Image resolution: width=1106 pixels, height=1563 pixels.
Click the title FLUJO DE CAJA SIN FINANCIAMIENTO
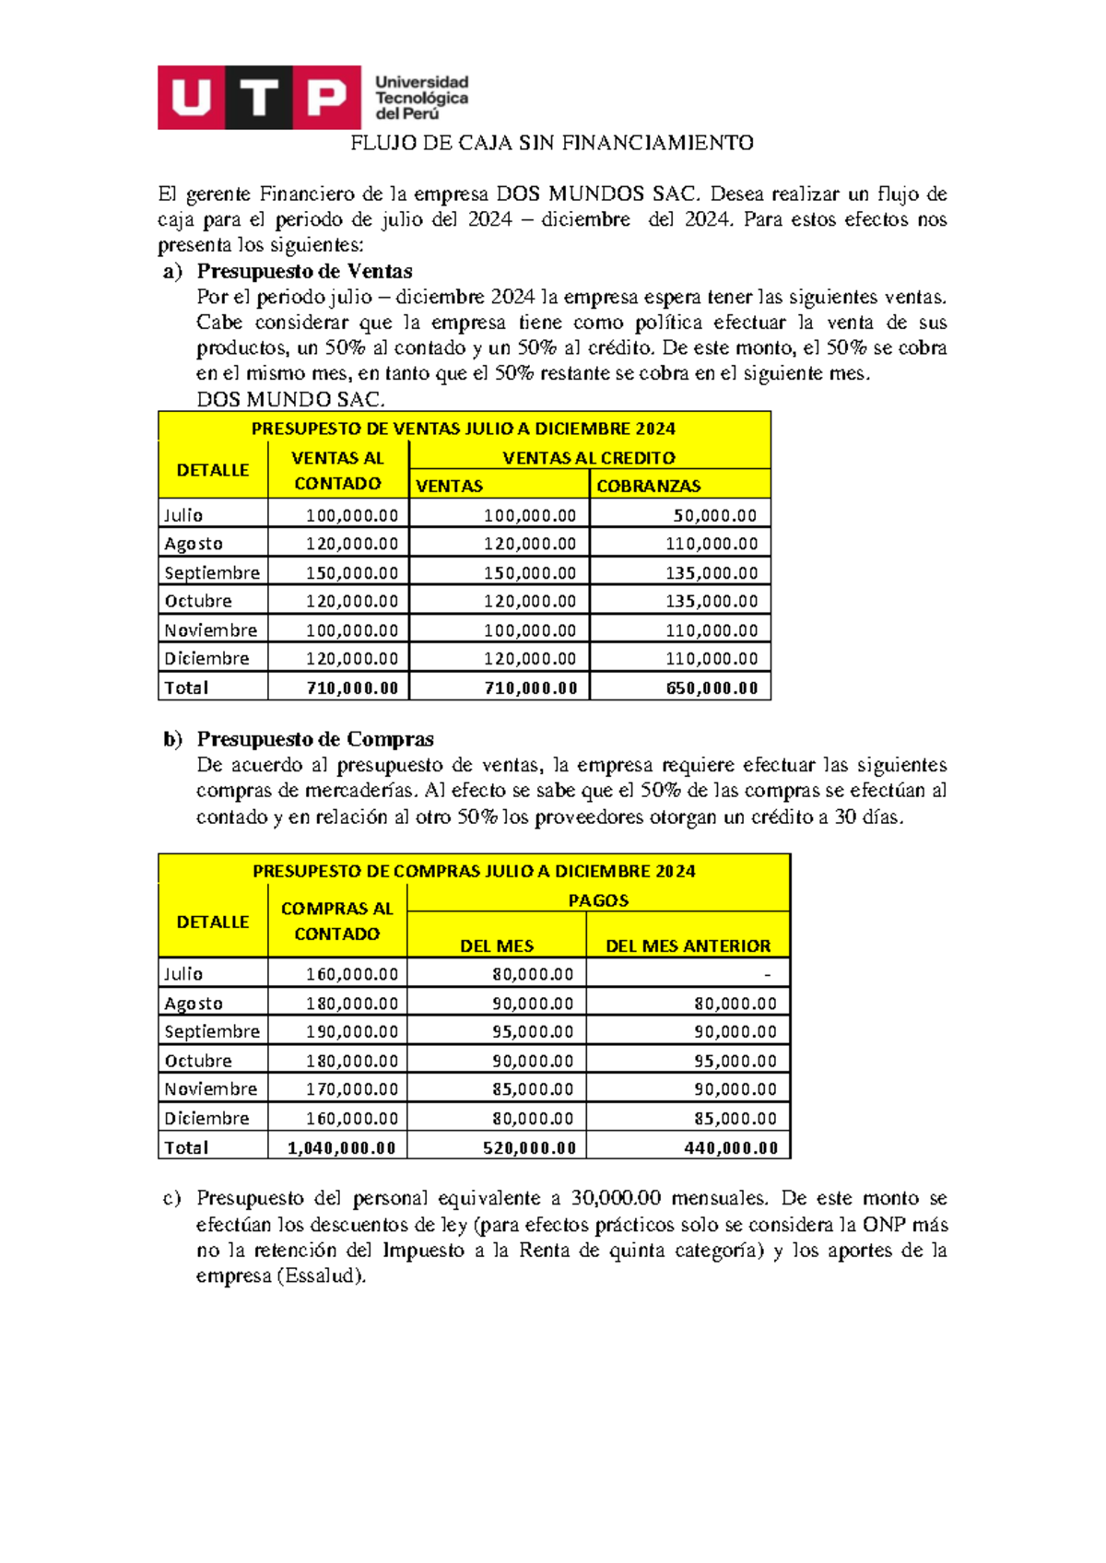click(551, 143)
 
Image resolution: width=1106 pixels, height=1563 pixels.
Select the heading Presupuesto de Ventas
click(304, 271)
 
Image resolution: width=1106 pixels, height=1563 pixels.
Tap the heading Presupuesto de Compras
click(315, 739)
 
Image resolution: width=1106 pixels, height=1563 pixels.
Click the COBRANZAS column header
click(648, 486)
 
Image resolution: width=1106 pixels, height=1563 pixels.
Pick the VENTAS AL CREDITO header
click(588, 457)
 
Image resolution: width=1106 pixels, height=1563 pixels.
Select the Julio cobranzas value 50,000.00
click(714, 515)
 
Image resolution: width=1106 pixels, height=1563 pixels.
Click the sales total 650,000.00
click(712, 687)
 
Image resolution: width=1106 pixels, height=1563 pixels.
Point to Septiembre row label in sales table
click(212, 572)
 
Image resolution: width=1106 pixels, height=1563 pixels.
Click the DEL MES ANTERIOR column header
click(688, 946)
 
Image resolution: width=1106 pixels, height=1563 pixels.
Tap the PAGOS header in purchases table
click(598, 900)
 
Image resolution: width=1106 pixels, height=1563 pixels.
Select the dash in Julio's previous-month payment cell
click(767, 974)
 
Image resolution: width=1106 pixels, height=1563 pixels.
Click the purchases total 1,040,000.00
click(341, 1147)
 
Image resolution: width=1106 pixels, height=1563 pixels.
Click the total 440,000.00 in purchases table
click(731, 1147)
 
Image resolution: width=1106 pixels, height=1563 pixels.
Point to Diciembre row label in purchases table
click(206, 1118)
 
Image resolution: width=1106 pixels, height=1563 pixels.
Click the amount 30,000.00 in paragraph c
click(616, 1198)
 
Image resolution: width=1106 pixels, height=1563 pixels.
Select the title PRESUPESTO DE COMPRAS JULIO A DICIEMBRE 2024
click(474, 871)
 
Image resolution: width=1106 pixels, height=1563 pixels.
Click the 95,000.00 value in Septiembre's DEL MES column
click(532, 1031)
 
